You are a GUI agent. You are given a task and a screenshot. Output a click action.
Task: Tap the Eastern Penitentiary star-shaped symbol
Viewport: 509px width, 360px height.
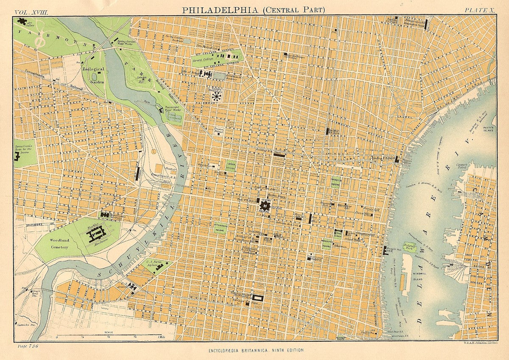[x=217, y=96]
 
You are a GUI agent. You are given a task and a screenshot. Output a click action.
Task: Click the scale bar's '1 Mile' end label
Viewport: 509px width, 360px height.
[x=161, y=337]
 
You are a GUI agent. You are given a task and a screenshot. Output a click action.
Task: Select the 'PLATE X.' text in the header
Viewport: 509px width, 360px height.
[x=479, y=9]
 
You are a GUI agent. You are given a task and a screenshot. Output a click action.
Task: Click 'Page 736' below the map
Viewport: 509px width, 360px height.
[x=28, y=346]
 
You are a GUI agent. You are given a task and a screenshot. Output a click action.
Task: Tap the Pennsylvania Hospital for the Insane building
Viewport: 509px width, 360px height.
[x=18, y=156]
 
